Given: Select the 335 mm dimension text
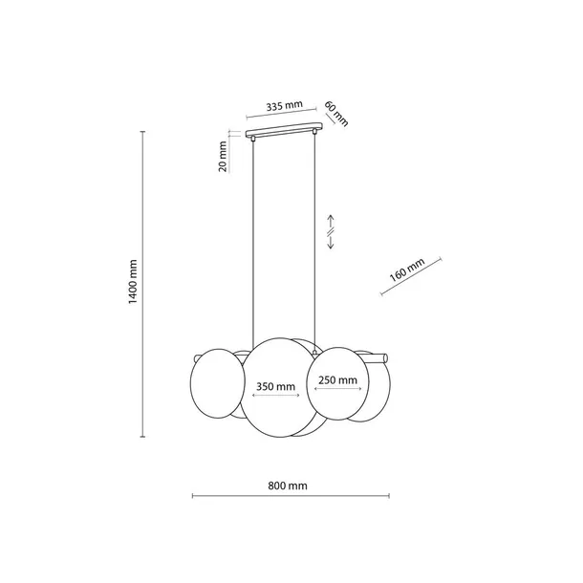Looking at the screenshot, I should [x=284, y=106].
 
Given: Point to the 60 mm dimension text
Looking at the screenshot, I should [x=335, y=113].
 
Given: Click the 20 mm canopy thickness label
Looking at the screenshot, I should [x=223, y=157].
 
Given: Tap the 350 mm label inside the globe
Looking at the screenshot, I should [x=275, y=387].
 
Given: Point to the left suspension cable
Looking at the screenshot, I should [x=252, y=239].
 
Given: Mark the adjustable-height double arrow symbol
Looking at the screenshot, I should [x=331, y=230].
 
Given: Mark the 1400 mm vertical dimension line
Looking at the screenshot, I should [x=143, y=283].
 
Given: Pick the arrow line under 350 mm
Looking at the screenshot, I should [x=275, y=398].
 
